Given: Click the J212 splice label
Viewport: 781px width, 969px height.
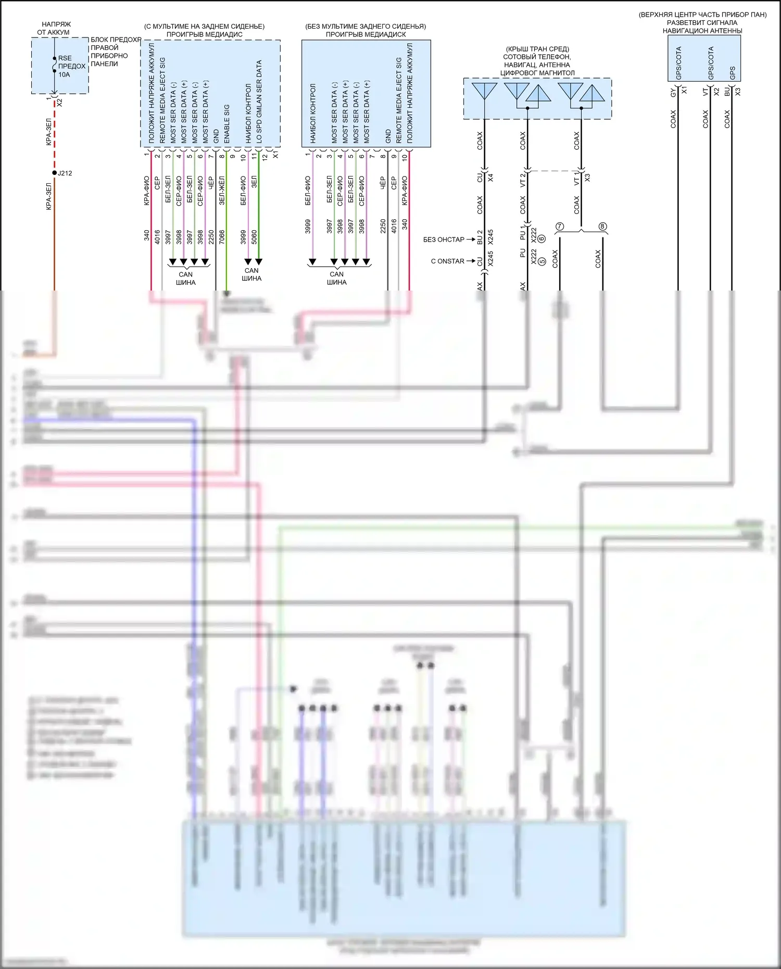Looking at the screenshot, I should [x=65, y=173].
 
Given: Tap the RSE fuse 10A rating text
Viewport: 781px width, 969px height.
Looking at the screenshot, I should [x=64, y=74].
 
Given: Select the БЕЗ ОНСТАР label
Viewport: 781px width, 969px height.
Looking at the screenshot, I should [x=444, y=240].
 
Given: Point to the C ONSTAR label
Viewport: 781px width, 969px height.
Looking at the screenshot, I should [x=447, y=261].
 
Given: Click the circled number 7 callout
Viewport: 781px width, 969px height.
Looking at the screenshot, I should [x=560, y=226].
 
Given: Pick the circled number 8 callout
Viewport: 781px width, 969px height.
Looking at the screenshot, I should [x=602, y=226].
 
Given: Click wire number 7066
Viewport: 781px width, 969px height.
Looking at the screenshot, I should [x=222, y=237].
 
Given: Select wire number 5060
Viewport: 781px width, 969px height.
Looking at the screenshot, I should [x=254, y=237].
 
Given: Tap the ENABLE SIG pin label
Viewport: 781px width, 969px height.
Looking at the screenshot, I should [x=227, y=124].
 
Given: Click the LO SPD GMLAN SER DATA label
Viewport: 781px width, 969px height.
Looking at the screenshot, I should [x=259, y=102].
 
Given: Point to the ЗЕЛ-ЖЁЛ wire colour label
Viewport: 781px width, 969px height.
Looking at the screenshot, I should [x=222, y=190].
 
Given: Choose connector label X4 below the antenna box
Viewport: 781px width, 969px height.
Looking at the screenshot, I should [x=490, y=178].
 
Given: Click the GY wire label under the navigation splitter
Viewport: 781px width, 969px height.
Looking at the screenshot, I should [x=673, y=92].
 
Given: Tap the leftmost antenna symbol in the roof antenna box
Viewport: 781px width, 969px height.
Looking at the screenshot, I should [x=484, y=91].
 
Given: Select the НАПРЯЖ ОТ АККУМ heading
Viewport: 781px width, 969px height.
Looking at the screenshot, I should [x=54, y=28].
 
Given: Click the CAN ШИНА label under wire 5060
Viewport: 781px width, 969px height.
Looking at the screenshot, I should [x=251, y=274].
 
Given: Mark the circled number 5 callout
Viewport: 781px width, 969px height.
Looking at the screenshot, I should [x=541, y=261].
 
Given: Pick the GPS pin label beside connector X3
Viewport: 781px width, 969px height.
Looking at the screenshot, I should [x=733, y=73].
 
